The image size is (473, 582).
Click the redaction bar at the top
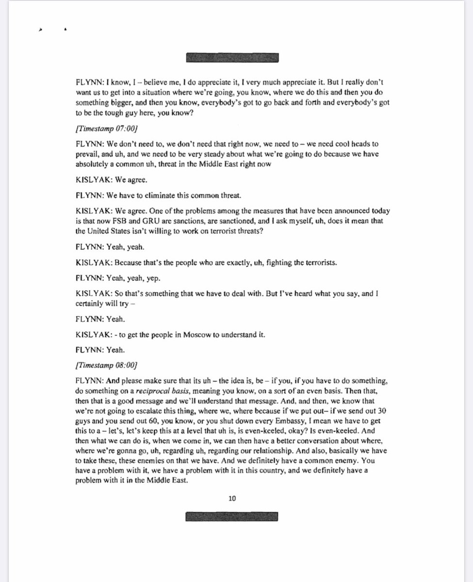(233, 57)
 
